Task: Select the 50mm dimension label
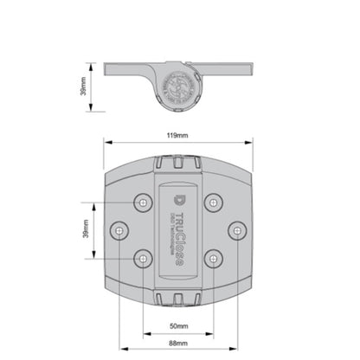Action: click(178, 327)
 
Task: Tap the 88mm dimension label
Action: click(178, 344)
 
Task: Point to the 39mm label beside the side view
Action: click(82, 87)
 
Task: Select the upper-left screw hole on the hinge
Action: click(142, 202)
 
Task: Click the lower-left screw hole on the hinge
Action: click(142, 258)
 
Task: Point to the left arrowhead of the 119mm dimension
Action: click(106, 142)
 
